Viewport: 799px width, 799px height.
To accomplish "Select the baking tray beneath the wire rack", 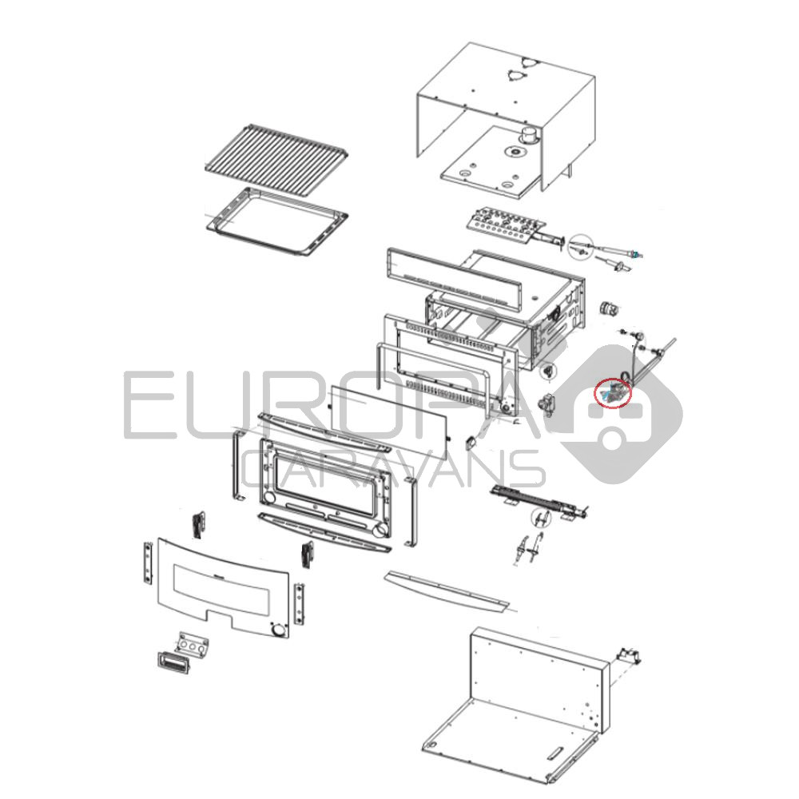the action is pos(277,221).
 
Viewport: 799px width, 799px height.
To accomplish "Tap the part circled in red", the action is pos(614,394).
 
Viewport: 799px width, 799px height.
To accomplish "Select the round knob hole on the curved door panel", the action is pos(278,631).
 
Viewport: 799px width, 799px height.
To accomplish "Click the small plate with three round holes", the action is pos(192,643).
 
